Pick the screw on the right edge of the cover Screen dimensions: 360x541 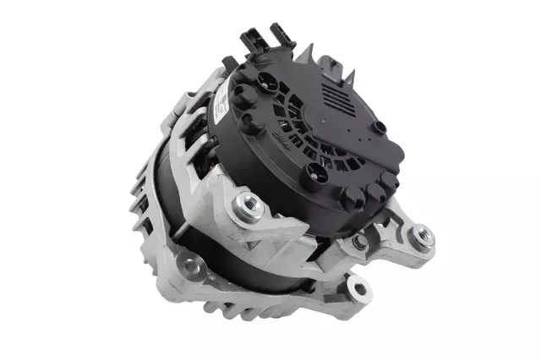[x=380, y=128]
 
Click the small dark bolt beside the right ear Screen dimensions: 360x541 [x=361, y=241]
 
